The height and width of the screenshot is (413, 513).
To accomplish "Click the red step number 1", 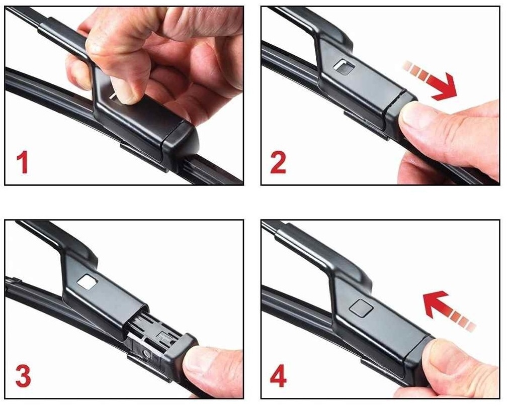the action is coord(23,163).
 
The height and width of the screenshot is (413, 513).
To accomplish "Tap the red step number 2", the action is coord(278,162).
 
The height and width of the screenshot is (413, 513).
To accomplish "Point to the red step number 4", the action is coord(279,376).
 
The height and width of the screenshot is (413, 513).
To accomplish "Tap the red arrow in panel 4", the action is coord(448,309).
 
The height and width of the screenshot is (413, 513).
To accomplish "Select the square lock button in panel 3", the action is coord(88,282).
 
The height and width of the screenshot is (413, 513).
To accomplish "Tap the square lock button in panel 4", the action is coord(361,307).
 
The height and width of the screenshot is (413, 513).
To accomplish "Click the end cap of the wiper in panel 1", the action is coord(180,141).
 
